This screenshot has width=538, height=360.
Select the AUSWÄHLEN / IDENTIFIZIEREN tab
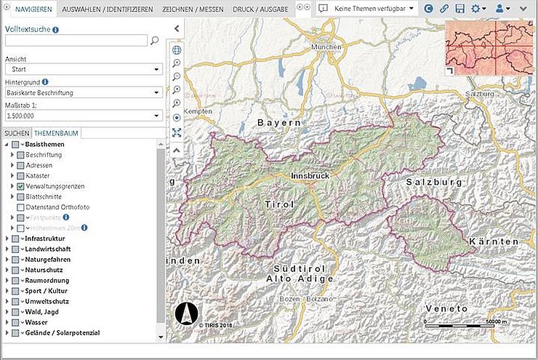108,9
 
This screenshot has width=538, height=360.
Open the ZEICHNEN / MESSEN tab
193,9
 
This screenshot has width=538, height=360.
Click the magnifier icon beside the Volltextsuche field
154,41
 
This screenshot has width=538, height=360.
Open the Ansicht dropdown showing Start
83,69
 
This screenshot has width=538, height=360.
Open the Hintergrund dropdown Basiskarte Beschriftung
83,92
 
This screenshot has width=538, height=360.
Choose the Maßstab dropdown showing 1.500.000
83,115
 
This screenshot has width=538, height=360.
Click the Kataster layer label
38,176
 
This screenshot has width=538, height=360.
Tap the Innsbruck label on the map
310,176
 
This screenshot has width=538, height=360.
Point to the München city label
326,47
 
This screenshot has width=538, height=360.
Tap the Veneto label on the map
448,308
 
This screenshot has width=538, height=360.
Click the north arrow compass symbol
186,313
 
